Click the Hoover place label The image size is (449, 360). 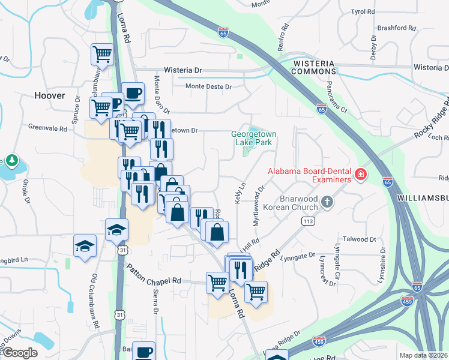pos(49,95)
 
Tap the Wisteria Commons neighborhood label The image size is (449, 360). pos(313,67)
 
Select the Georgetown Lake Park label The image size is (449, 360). pos(252,138)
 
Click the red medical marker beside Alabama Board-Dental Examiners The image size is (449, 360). pos(361,175)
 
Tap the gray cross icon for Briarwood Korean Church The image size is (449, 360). pos(327,202)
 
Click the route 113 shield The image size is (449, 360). pos(309,221)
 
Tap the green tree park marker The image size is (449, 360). pos(12,161)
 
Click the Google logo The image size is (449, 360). pos(19,353)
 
